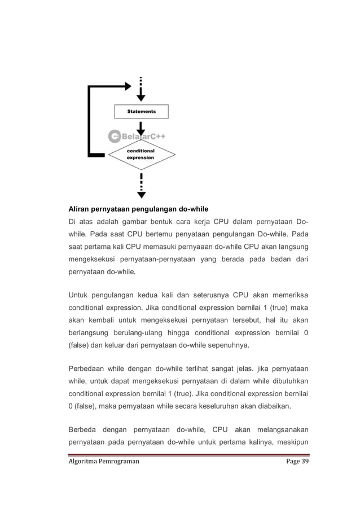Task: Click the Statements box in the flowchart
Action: click(142, 111)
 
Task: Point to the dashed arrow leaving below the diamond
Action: click(141, 186)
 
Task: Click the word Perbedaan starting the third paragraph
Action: click(89, 370)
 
